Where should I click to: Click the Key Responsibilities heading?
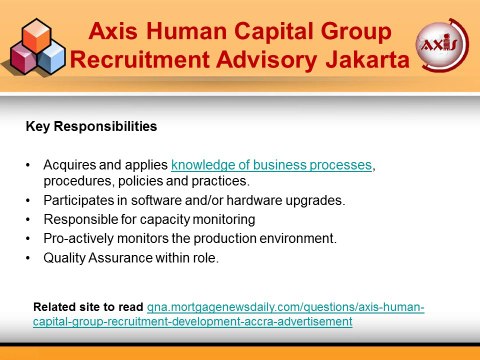click(91, 128)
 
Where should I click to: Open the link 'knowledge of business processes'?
click(272, 165)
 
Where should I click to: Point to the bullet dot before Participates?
click(28, 200)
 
